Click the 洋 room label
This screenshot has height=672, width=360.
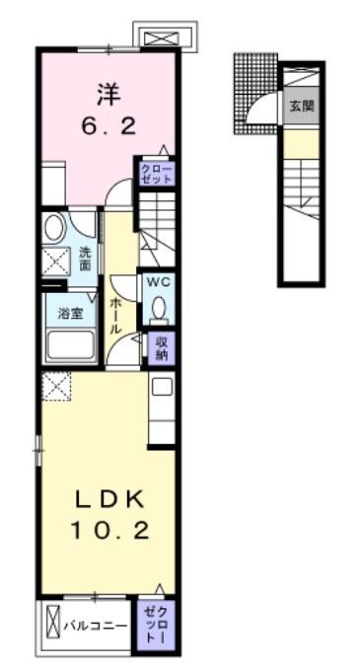(108, 95)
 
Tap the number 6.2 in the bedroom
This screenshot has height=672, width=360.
(108, 127)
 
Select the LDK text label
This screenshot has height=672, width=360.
(108, 499)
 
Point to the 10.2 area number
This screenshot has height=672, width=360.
(109, 532)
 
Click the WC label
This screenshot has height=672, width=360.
(159, 282)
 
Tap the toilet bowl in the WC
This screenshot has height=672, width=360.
(160, 307)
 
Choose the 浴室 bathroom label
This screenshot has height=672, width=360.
(71, 313)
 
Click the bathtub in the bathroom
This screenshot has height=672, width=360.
(71, 344)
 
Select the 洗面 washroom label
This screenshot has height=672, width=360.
(85, 259)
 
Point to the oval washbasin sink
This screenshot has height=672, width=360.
(54, 227)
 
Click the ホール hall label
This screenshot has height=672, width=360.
(115, 316)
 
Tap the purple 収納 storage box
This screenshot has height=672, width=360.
(161, 348)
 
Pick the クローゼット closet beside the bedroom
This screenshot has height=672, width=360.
(157, 173)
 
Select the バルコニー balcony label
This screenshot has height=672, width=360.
(96, 627)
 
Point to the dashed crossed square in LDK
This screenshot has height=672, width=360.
(56, 386)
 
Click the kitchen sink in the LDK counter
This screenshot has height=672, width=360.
(162, 388)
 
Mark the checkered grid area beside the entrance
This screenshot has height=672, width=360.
(255, 94)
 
